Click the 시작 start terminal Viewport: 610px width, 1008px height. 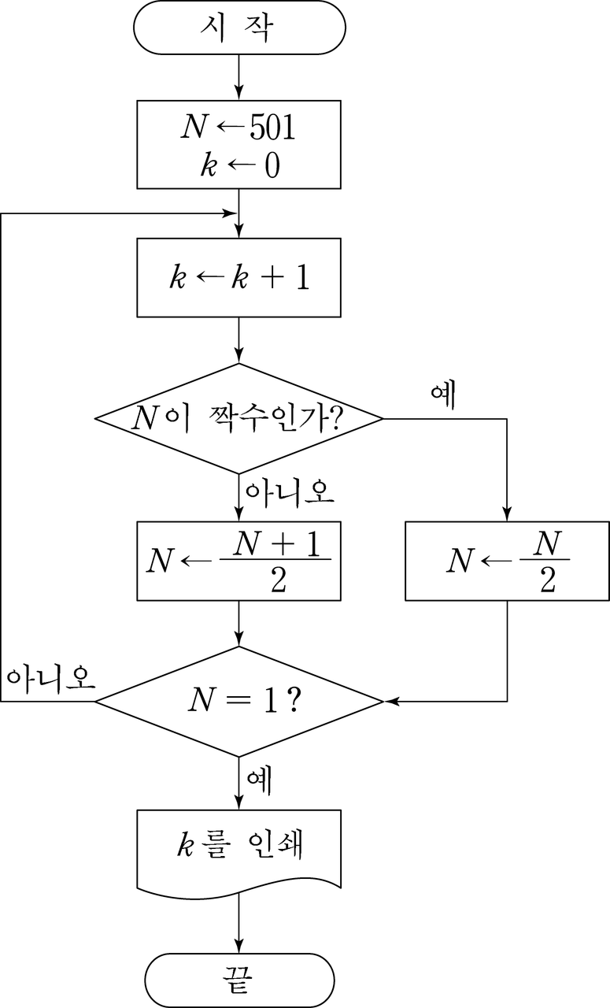click(239, 28)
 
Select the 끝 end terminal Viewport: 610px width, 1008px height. click(239, 980)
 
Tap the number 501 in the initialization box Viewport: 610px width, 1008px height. click(272, 128)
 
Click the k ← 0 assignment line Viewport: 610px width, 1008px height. click(240, 165)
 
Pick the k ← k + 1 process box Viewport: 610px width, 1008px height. click(238, 278)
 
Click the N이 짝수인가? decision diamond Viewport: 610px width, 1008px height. click(238, 418)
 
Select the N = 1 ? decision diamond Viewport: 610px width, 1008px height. click(238, 701)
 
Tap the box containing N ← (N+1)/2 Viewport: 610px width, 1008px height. click(238, 561)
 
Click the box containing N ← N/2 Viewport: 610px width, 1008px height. click(508, 561)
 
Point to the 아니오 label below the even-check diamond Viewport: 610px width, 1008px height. click(290, 494)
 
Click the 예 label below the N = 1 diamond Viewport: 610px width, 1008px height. click(259, 782)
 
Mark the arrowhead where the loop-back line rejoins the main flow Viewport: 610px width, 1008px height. click(231, 213)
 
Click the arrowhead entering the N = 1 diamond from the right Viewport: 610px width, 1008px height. click(391, 701)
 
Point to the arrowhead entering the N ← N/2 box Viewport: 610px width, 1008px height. click(508, 514)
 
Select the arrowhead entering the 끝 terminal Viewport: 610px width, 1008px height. click(238, 946)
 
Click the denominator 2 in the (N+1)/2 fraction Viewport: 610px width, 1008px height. click(279, 580)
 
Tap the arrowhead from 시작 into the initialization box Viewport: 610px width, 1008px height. click(238, 92)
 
